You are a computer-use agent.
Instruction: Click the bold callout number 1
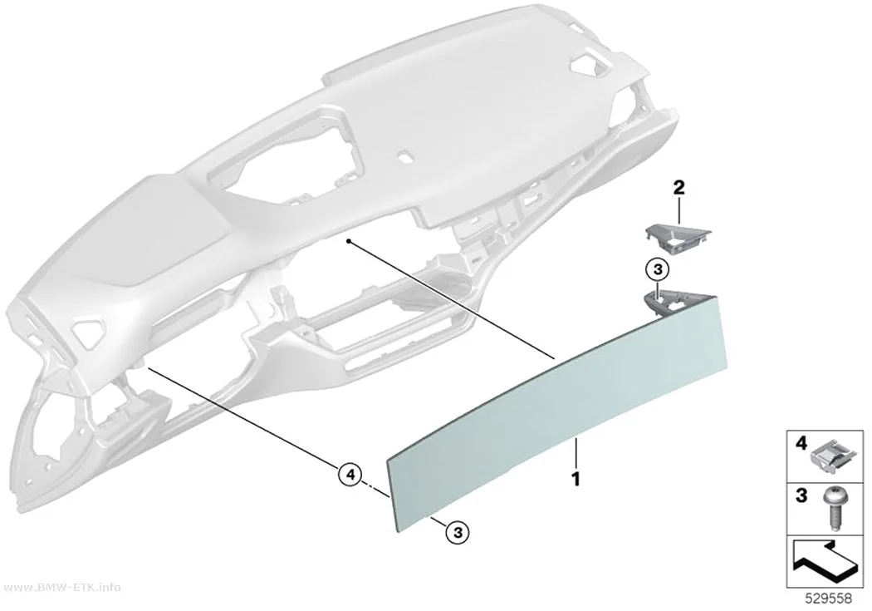point(576,479)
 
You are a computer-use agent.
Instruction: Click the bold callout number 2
point(678,188)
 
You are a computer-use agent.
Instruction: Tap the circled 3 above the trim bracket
point(658,270)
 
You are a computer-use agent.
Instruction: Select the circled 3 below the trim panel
point(457,533)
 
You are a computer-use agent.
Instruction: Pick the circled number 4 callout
point(350,475)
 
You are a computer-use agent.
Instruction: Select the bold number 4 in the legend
point(801,444)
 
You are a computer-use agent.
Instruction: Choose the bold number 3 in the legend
point(801,495)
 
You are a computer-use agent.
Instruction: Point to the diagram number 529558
point(829,599)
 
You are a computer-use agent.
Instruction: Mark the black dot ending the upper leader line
point(348,241)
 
